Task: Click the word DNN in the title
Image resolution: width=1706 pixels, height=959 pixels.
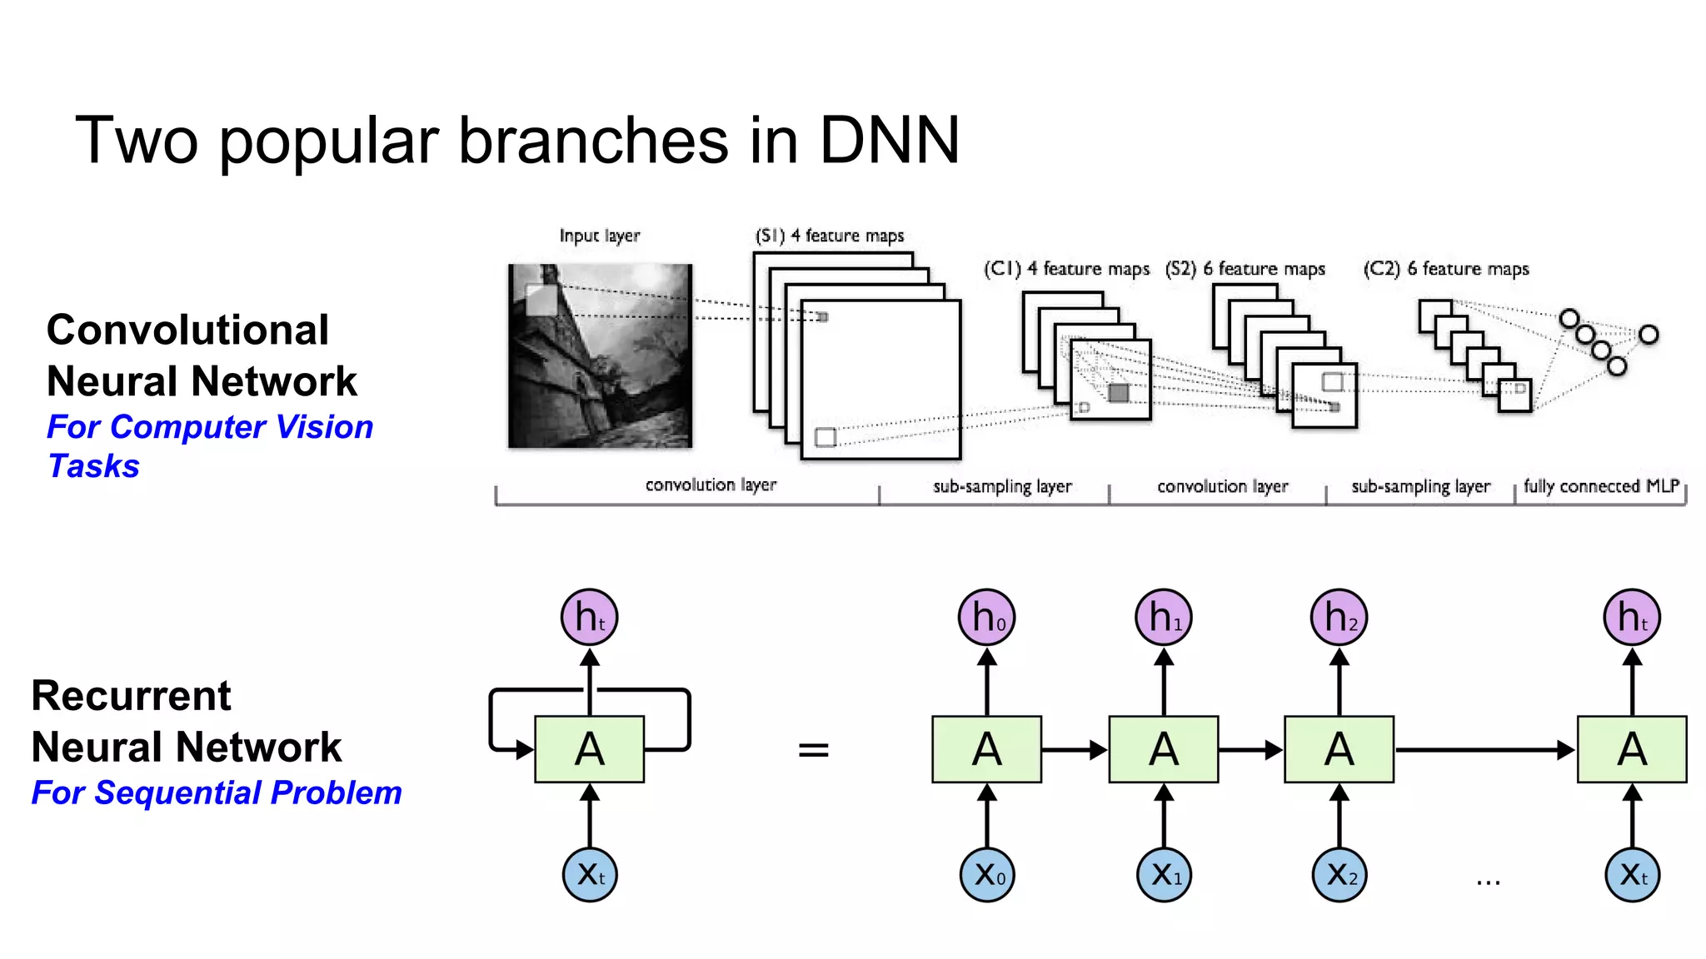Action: point(889,140)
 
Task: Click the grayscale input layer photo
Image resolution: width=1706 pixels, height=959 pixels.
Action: point(600,355)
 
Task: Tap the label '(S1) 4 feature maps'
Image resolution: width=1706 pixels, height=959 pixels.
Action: point(829,236)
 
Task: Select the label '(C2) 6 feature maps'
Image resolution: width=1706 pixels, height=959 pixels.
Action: point(1446,269)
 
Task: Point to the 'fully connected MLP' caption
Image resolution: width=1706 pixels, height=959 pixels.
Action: point(1601,485)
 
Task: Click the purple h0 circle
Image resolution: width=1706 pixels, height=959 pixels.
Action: point(987,617)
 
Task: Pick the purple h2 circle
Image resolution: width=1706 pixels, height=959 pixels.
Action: point(1339,617)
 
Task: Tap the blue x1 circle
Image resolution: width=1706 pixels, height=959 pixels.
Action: point(1165,874)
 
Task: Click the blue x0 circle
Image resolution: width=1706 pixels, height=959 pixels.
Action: point(987,874)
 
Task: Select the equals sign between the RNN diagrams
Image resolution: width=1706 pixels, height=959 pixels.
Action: point(813,750)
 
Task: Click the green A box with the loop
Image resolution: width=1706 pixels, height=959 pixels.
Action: point(590,748)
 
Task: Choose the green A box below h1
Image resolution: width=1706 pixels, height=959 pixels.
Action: point(1164,748)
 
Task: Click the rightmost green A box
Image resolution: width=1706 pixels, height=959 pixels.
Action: point(1632,748)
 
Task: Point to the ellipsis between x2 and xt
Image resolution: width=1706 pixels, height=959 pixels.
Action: point(1488,882)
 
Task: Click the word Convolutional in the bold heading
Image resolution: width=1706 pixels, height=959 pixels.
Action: point(187,330)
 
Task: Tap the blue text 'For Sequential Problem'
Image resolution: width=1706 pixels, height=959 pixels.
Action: point(217,793)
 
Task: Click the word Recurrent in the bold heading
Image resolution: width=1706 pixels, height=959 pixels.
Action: point(131,696)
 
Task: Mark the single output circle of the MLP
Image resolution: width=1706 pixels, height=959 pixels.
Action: point(1649,335)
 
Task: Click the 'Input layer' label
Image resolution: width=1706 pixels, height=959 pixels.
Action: point(599,236)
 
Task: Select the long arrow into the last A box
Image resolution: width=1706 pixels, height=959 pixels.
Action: point(1483,750)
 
